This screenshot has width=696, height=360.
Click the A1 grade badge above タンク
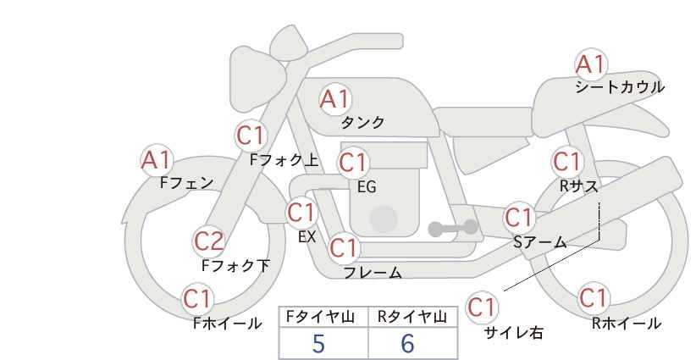(335, 99)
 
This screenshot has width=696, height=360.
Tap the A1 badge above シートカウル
(591, 64)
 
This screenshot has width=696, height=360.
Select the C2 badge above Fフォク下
(209, 241)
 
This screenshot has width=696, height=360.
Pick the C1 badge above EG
(354, 163)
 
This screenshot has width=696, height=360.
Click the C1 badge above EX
(301, 213)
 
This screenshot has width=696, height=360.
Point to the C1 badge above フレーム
(344, 247)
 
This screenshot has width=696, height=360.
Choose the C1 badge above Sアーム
(519, 218)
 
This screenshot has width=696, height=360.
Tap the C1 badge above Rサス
(567, 162)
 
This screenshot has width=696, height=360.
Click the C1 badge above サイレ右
(482, 307)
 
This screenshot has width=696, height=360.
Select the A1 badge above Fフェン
(157, 160)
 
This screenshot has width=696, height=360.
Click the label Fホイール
(228, 324)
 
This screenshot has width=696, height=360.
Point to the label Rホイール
(627, 324)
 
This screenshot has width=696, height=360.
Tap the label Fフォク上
(284, 160)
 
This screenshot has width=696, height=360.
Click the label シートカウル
(620, 87)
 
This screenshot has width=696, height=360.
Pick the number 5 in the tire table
(318, 343)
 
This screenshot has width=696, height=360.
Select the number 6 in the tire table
(407, 343)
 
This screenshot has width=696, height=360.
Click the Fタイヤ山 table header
(320, 317)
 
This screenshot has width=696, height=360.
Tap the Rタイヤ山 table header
(412, 317)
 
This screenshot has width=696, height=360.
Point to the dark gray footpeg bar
(453, 228)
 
